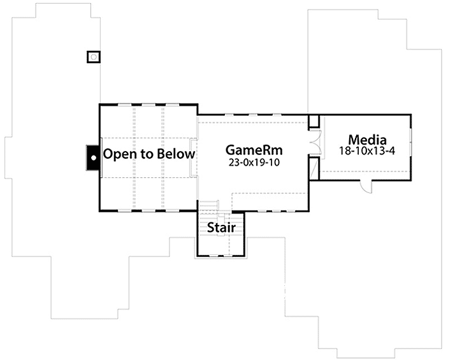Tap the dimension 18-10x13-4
[367, 151]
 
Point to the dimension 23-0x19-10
[254, 162]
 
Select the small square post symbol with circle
[94, 57]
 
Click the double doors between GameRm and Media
[313, 143]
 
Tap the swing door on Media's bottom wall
[367, 185]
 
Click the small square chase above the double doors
[314, 121]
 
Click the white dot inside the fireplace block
[92, 155]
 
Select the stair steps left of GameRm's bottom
[210, 205]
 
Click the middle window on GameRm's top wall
[254, 115]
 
